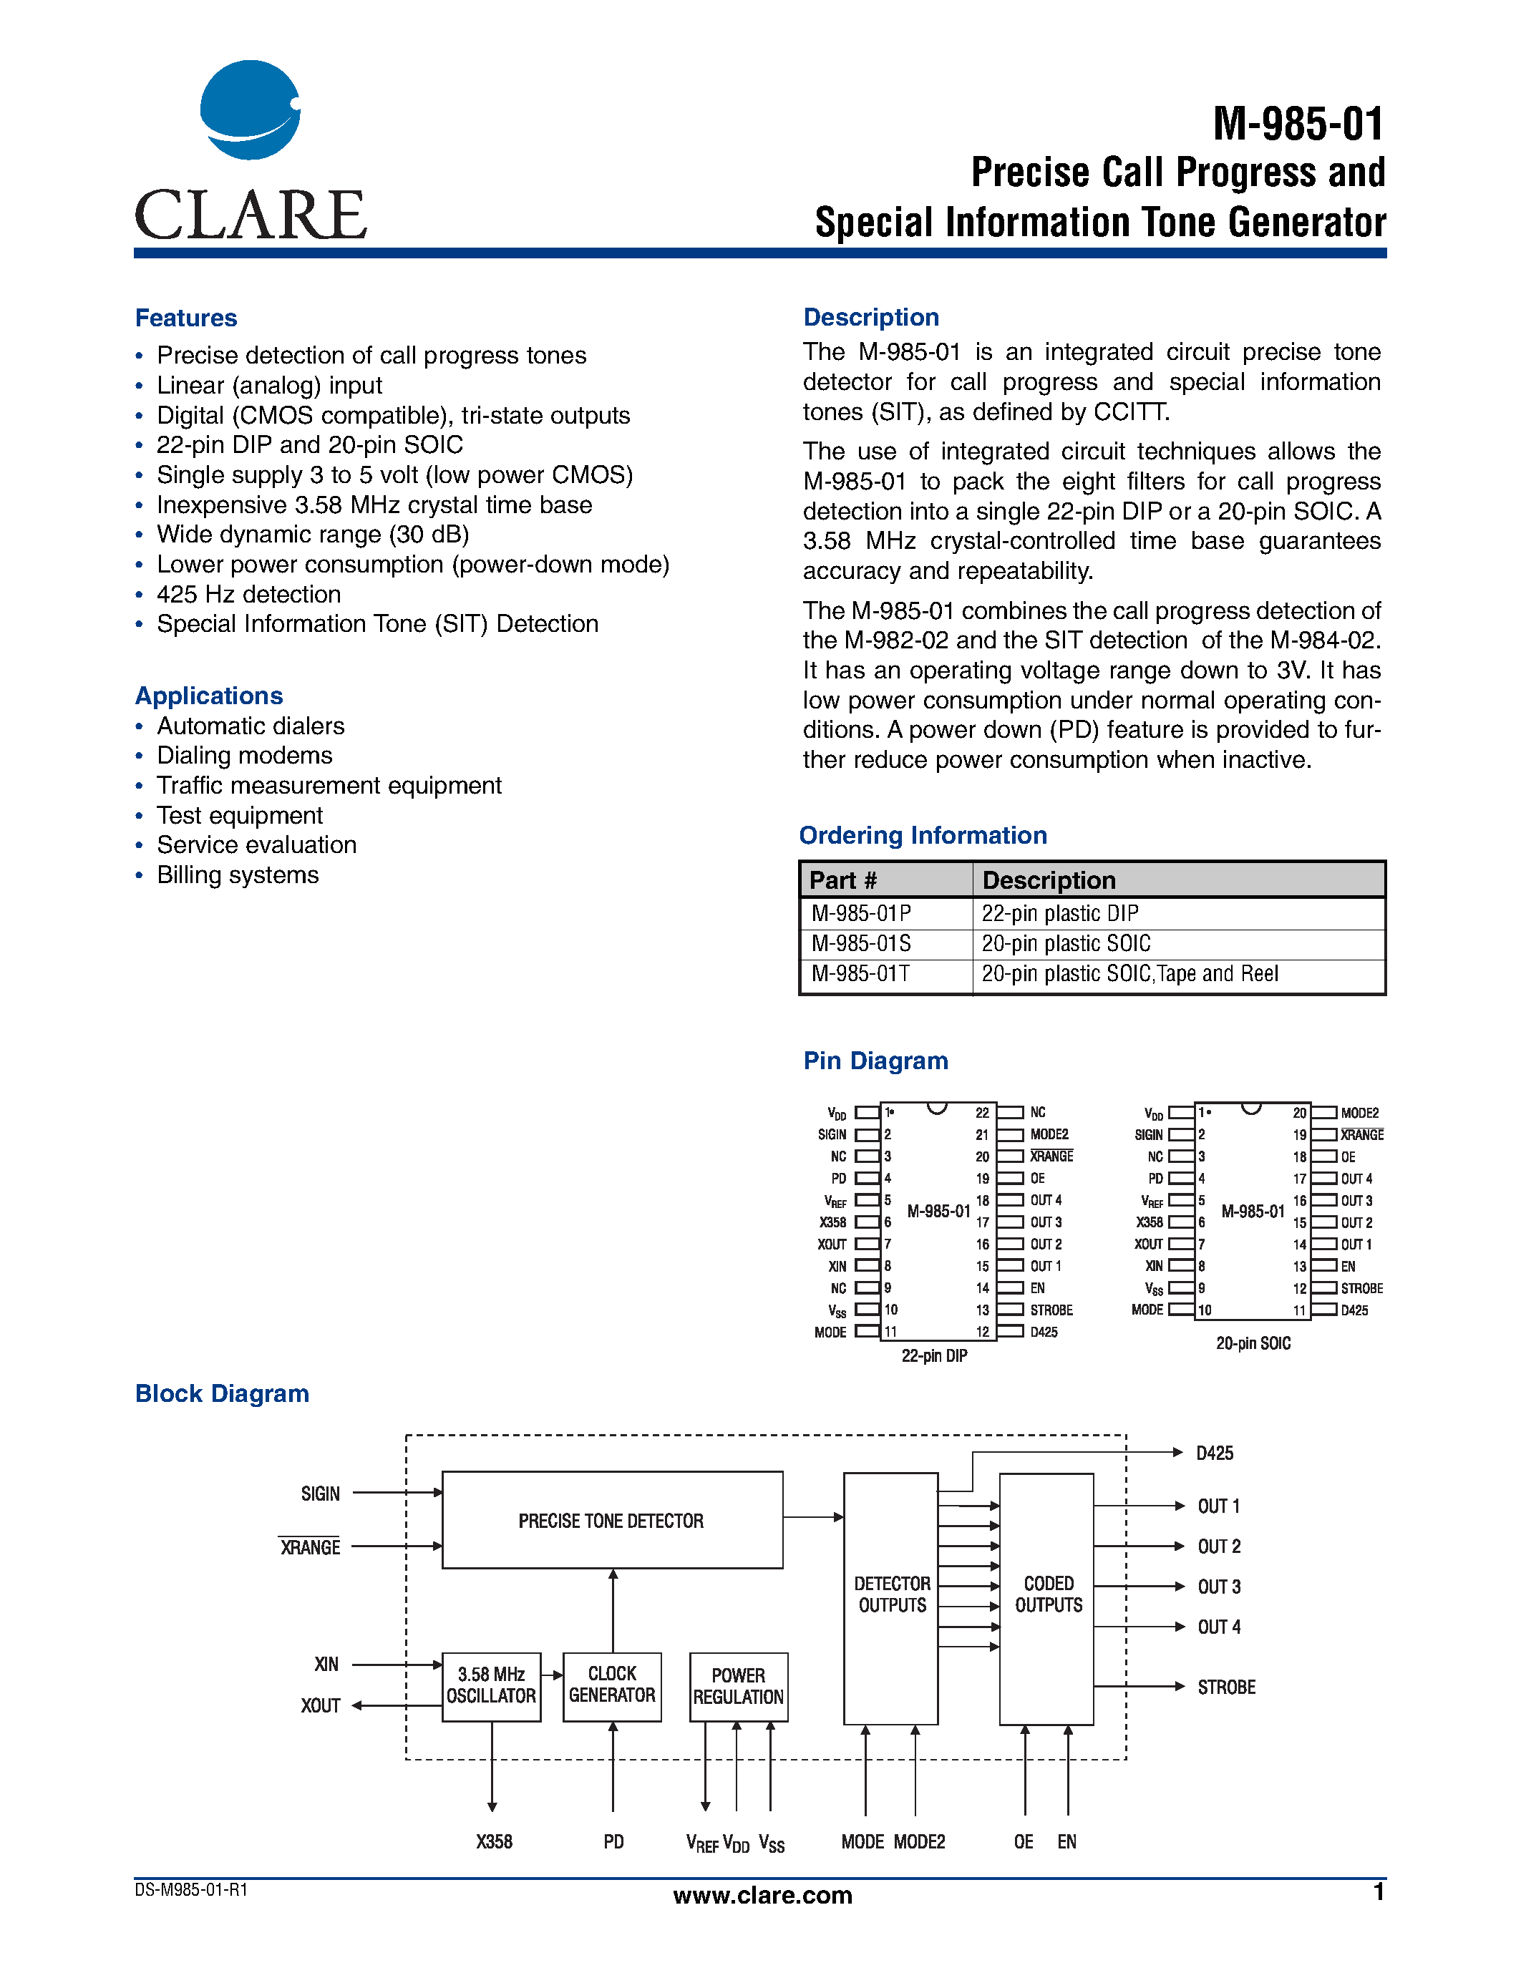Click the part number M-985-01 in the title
tap(1298, 125)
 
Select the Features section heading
tap(185, 318)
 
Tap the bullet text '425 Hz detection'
tap(248, 595)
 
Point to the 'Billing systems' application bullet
tap(238, 875)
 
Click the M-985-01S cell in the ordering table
tap(861, 943)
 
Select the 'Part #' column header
tap(842, 880)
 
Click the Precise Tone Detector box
tap(612, 1521)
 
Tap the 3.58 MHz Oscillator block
tap(491, 1686)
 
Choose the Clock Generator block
tap(612, 1685)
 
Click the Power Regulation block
tap(738, 1687)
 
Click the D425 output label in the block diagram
tap(1215, 1453)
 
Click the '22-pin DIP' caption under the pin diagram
tap(934, 1356)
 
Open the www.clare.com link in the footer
tap(762, 1895)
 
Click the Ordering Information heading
tap(923, 835)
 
